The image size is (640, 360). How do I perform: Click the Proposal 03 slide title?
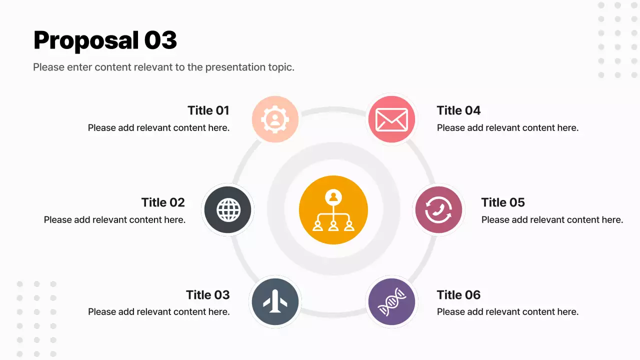pyautogui.click(x=105, y=40)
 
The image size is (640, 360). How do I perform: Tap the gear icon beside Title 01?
pyautogui.click(x=275, y=119)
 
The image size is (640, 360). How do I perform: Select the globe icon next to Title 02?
pyautogui.click(x=228, y=210)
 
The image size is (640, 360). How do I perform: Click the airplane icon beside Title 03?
pyautogui.click(x=275, y=302)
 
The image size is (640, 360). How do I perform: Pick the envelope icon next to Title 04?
pyautogui.click(x=391, y=119)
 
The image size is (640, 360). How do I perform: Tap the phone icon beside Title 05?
pyautogui.click(x=438, y=210)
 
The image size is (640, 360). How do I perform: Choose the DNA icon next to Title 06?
pyautogui.click(x=391, y=302)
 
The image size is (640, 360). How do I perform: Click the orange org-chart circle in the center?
pyautogui.click(x=333, y=210)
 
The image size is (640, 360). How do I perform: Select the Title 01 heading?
pyautogui.click(x=208, y=110)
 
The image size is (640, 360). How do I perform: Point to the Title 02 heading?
pyautogui.click(x=163, y=202)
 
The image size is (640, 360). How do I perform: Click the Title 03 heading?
pyautogui.click(x=208, y=295)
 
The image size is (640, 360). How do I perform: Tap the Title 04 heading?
pyautogui.click(x=458, y=110)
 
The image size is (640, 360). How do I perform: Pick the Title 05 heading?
pyautogui.click(x=503, y=202)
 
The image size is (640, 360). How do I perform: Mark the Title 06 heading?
pyautogui.click(x=458, y=295)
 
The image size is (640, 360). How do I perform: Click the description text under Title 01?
pyautogui.click(x=158, y=128)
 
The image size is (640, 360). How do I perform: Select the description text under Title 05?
pyautogui.click(x=552, y=220)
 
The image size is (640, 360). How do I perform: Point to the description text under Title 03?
pyautogui.click(x=158, y=312)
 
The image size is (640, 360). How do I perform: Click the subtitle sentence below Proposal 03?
pyautogui.click(x=163, y=67)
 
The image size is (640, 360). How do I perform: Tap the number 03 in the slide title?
pyautogui.click(x=160, y=40)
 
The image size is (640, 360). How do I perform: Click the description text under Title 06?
pyautogui.click(x=507, y=312)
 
